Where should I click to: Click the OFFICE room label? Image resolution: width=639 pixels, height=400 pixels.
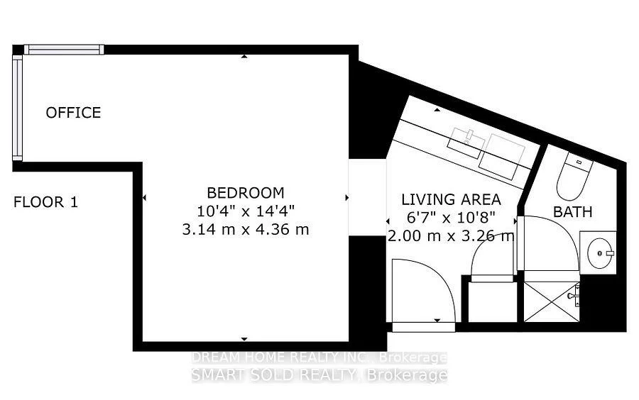[73, 113]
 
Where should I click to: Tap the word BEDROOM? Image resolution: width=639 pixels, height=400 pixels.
[246, 192]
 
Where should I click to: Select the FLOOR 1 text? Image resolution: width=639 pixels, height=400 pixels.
[45, 202]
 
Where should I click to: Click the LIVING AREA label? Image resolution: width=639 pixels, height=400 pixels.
[451, 200]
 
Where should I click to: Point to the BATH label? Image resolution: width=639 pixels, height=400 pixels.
[572, 212]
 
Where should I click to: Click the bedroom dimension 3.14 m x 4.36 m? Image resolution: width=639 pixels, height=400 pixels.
[246, 230]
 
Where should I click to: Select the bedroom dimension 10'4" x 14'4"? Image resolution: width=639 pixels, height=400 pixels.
[246, 211]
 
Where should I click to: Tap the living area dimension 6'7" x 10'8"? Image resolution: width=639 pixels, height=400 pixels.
[451, 218]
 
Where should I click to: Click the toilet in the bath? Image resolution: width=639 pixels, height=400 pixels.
[574, 176]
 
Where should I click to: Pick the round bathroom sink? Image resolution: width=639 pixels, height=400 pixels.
[599, 252]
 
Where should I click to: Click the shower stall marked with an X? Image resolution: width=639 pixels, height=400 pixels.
[552, 301]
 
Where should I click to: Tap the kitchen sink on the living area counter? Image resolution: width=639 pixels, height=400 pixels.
[466, 142]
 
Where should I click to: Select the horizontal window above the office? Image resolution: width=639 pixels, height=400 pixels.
[64, 50]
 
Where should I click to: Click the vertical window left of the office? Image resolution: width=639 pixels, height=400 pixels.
[18, 108]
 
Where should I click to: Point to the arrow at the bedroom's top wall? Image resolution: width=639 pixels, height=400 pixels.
[244, 57]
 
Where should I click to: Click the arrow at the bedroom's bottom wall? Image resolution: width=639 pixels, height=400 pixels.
[244, 338]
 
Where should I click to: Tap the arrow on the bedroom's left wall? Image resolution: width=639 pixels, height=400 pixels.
[144, 198]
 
